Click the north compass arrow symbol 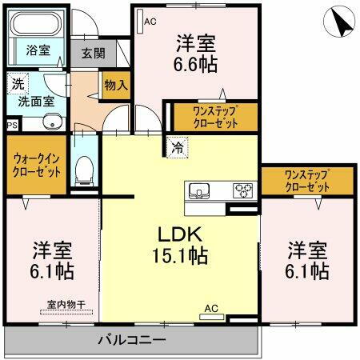coord(342,22)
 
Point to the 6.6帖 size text coord(197,62)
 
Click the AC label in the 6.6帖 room coord(150,22)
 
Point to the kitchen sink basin coord(199,190)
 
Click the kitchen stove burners coord(242,190)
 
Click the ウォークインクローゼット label coord(36,165)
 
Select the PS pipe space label coord(11,125)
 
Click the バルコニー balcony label coord(132,340)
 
